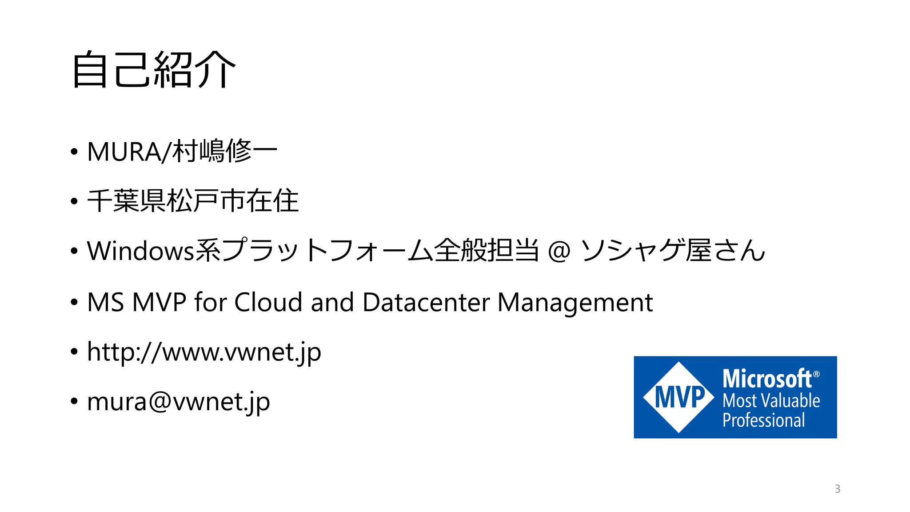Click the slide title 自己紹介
153,69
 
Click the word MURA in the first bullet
124,152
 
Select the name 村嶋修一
225,151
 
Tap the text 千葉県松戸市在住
193,201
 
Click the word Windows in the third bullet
140,251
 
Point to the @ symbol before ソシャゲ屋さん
559,251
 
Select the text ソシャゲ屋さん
673,251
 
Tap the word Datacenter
426,302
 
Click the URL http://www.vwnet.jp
204,352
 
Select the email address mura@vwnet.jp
178,402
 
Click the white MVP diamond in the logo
679,397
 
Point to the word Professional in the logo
763,420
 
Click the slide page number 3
837,489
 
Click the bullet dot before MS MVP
74,302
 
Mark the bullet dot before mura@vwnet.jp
74,401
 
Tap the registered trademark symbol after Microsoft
816,374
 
